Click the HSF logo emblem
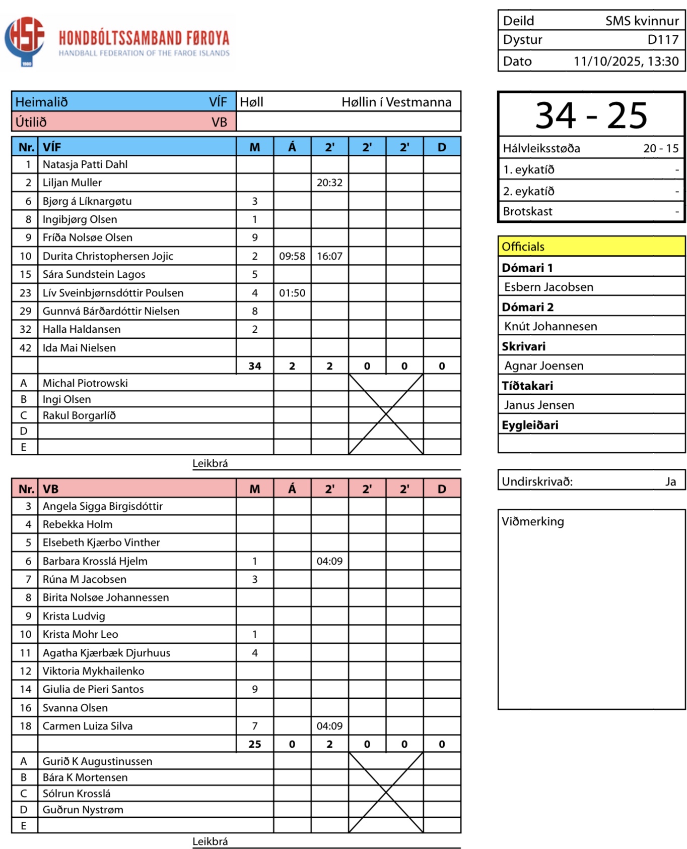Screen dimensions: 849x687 point(25,40)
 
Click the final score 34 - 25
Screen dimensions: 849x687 point(591,115)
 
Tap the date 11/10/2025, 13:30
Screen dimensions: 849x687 point(626,62)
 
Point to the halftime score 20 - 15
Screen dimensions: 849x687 point(661,148)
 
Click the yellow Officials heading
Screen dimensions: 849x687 point(523,247)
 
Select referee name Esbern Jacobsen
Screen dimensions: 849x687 point(548,287)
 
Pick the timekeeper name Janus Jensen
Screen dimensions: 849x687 point(539,405)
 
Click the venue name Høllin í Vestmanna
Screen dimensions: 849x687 point(396,102)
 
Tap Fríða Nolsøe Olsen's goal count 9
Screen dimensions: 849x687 point(255,237)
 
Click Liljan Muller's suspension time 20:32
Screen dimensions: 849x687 point(329,183)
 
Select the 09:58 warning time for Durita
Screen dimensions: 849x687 point(292,256)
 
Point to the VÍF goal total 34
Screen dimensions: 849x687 point(255,366)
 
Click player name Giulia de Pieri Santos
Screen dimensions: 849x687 point(93,689)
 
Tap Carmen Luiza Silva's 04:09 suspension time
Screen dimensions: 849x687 point(329,726)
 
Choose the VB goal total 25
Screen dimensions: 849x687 point(255,744)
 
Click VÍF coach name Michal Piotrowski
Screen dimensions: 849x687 point(85,383)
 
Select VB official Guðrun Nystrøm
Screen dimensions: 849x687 point(83,810)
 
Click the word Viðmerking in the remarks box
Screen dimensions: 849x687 point(533,521)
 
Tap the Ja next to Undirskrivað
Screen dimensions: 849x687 point(670,481)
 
